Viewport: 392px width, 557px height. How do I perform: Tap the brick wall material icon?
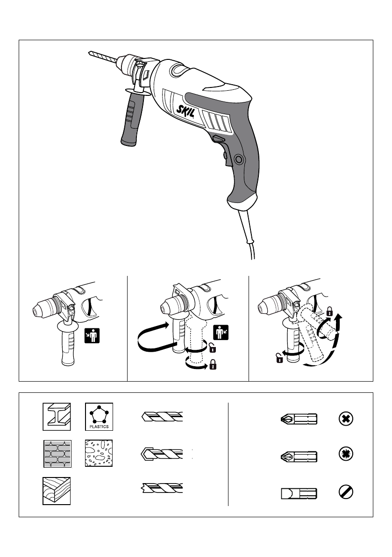tap(57, 453)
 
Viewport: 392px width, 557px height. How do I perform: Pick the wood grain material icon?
tap(57, 491)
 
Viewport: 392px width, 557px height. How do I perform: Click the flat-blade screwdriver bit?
tap(299, 493)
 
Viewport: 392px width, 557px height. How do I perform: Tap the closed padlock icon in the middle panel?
tap(213, 364)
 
